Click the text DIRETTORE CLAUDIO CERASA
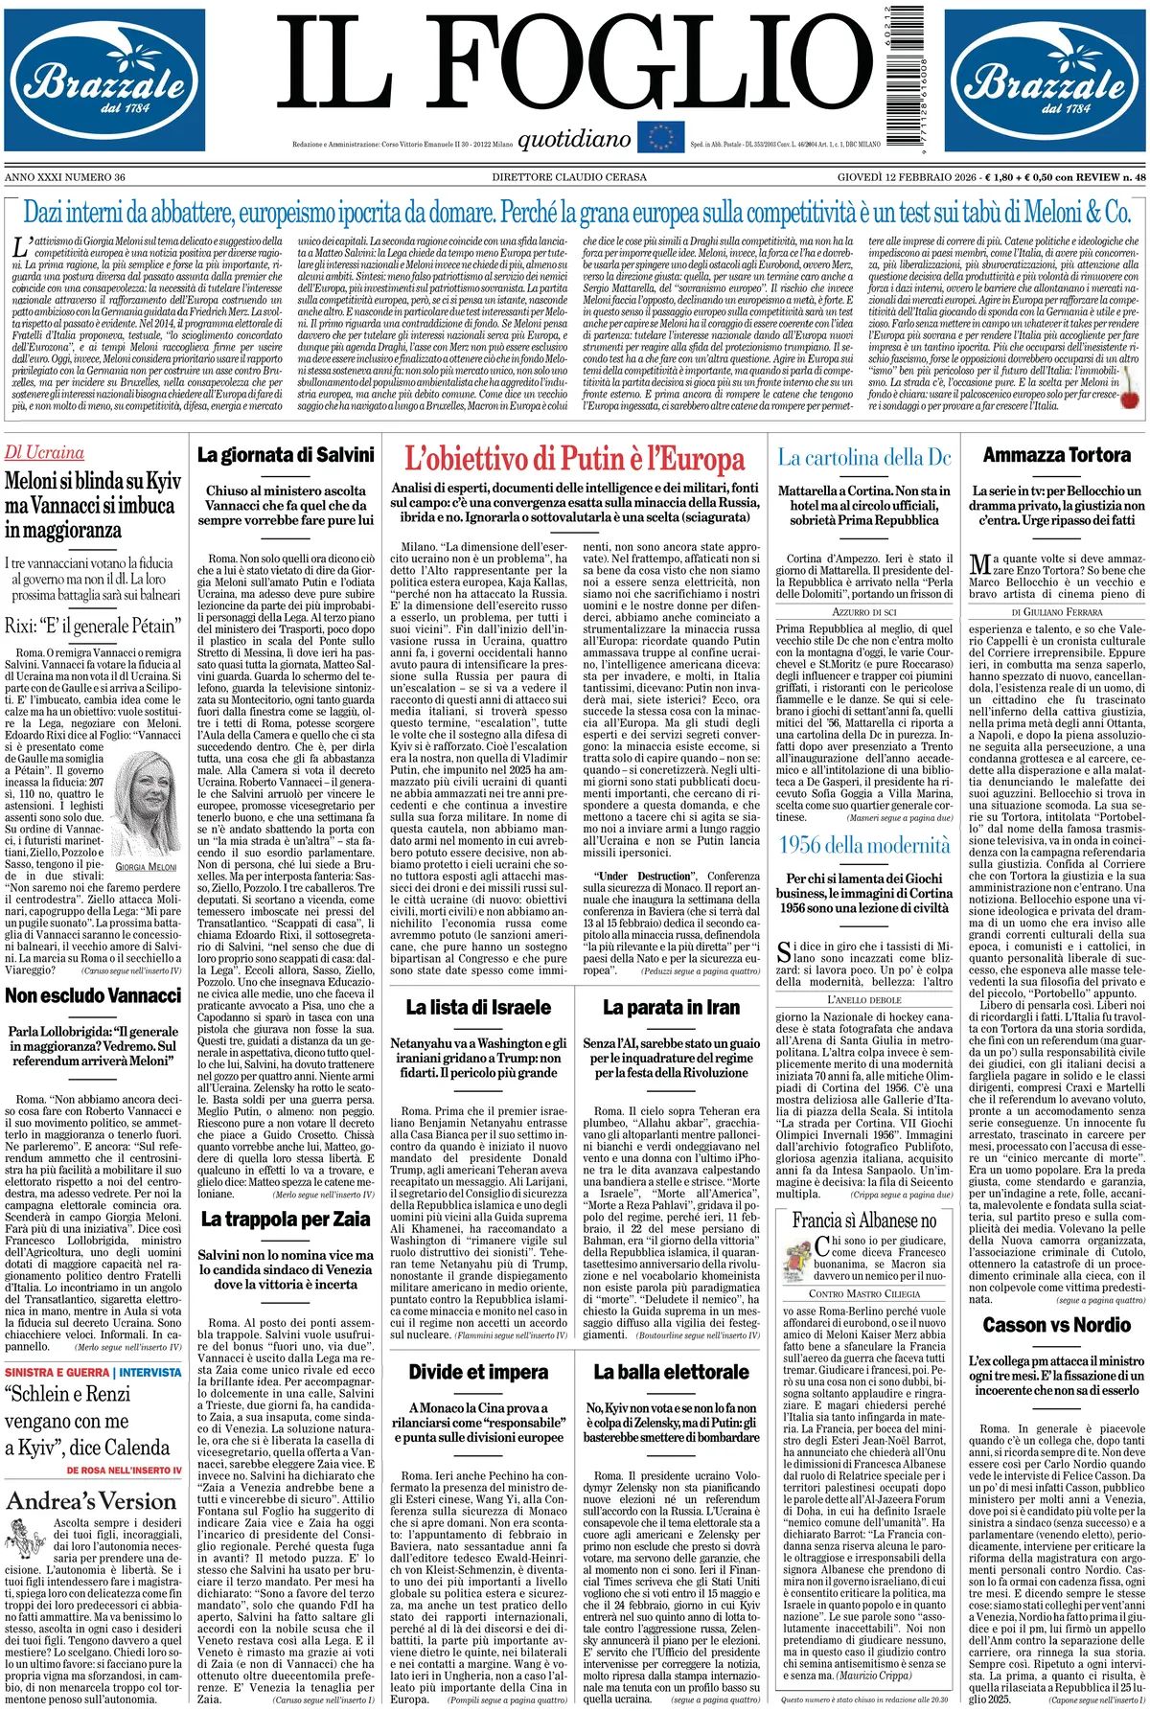click(569, 177)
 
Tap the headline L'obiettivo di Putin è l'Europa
click(575, 459)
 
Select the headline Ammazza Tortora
click(1056, 455)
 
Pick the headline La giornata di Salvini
click(286, 455)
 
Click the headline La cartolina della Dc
click(864, 458)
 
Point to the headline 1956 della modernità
click(864, 844)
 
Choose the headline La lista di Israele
click(478, 1007)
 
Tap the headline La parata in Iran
click(671, 1007)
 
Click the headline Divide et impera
click(478, 1372)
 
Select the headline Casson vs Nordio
click(1056, 1326)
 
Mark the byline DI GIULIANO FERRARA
click(1056, 611)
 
